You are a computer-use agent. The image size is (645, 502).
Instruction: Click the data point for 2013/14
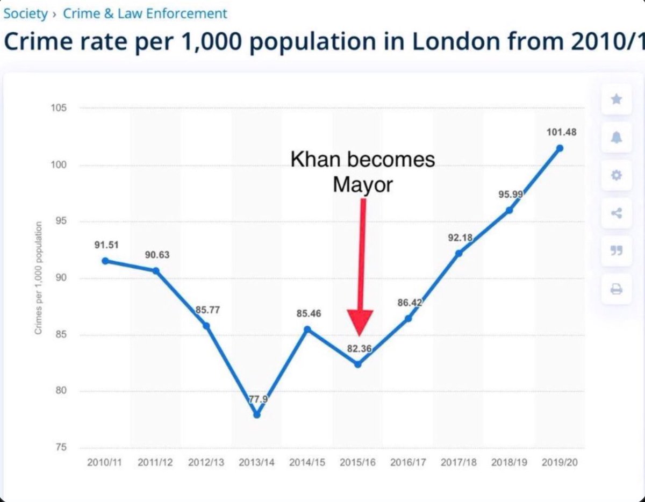point(257,414)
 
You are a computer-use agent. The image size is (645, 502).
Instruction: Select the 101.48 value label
point(561,132)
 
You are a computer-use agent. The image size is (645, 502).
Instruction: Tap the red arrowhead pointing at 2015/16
point(360,323)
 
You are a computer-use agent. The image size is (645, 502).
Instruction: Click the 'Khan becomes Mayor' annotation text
point(363,172)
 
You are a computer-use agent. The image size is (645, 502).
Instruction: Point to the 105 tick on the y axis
point(59,108)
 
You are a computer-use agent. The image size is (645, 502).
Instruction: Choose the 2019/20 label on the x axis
point(560,463)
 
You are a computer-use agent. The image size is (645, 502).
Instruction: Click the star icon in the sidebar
point(616,99)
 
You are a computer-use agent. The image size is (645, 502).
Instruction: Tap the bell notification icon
point(616,138)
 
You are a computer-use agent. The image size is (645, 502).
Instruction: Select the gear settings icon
point(616,175)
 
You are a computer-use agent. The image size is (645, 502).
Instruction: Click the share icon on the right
point(616,213)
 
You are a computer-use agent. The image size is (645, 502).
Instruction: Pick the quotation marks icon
point(616,251)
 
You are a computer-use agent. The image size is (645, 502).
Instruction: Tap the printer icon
point(616,290)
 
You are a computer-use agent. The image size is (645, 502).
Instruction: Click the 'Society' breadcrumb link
point(25,13)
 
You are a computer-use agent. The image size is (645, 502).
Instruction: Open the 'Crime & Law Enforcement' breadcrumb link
point(145,13)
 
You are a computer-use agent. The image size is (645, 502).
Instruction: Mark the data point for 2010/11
point(105,261)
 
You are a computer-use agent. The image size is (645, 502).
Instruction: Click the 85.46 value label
point(309,313)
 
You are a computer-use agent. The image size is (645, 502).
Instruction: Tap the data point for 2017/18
point(458,253)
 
